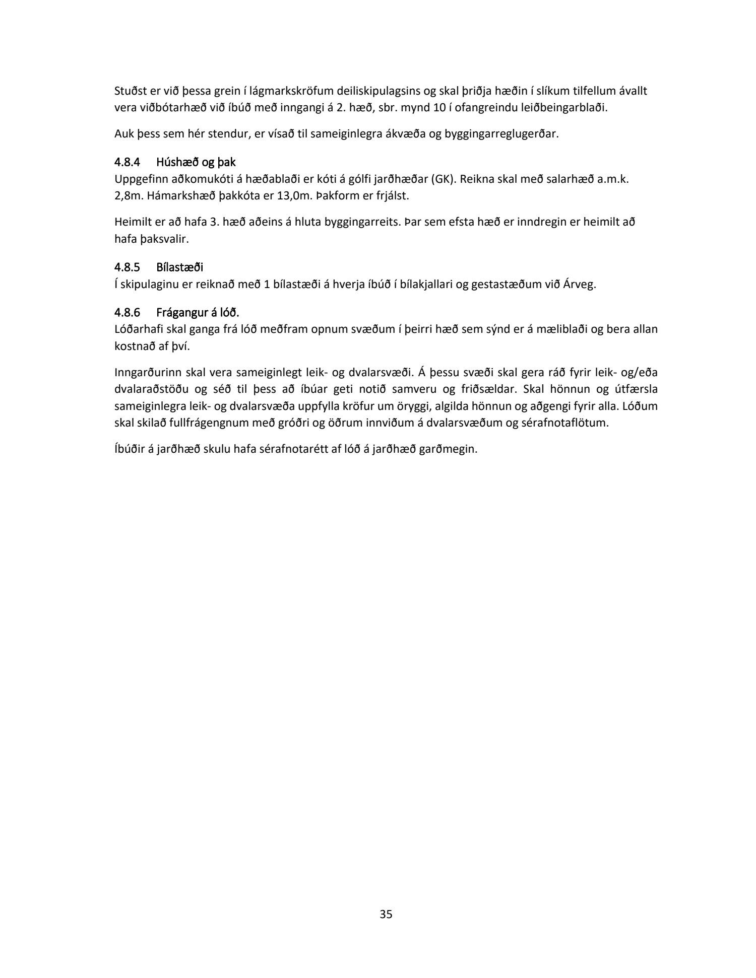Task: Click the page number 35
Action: [x=386, y=915]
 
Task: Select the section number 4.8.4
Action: [x=127, y=163]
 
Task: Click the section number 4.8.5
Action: [x=127, y=267]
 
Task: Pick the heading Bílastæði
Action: [x=180, y=267]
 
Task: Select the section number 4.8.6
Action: [x=127, y=313]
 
